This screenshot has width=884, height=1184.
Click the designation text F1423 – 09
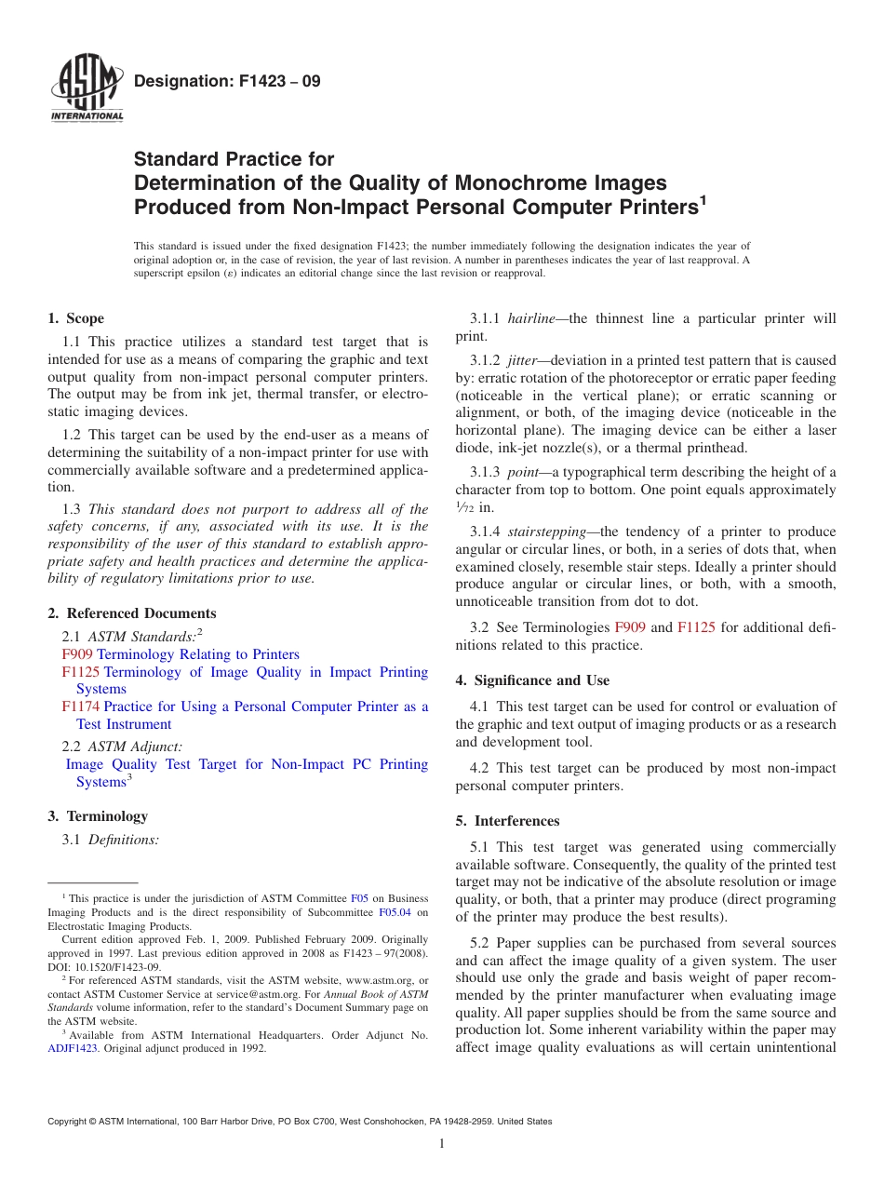point(227,81)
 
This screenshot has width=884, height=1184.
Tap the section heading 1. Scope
point(75,318)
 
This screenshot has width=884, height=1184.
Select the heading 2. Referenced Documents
point(131,613)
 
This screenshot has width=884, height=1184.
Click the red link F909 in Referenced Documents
point(77,654)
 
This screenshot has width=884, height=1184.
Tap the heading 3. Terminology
point(98,816)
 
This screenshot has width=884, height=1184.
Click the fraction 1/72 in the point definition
point(464,508)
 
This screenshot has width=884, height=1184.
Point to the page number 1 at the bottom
point(442,1144)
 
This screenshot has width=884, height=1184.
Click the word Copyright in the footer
point(69,1122)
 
